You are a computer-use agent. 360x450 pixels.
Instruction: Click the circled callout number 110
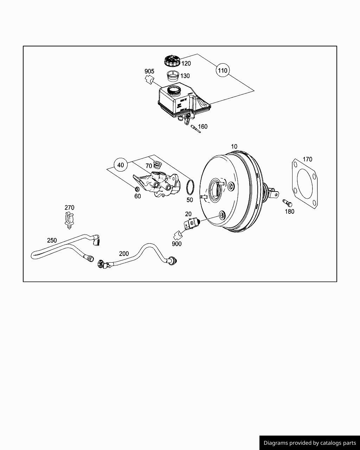point(223,70)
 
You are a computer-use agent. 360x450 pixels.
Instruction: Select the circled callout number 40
point(121,165)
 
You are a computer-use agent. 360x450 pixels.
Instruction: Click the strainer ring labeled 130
point(173,75)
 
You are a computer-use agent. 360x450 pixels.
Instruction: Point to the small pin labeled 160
point(194,128)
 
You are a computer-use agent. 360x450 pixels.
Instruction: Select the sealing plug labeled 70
point(157,165)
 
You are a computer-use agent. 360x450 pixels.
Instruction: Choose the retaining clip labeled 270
point(69,220)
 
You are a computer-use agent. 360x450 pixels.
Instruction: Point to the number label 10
point(234,147)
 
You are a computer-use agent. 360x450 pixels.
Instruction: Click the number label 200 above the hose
point(124,253)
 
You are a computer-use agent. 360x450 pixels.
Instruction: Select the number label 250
point(52,240)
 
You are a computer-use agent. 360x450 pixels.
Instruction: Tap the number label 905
point(149,71)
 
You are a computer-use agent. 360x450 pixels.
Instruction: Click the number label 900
point(177,244)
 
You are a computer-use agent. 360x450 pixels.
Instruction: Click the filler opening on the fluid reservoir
point(174,90)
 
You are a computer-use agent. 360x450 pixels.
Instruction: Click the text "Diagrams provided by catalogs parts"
point(310,443)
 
